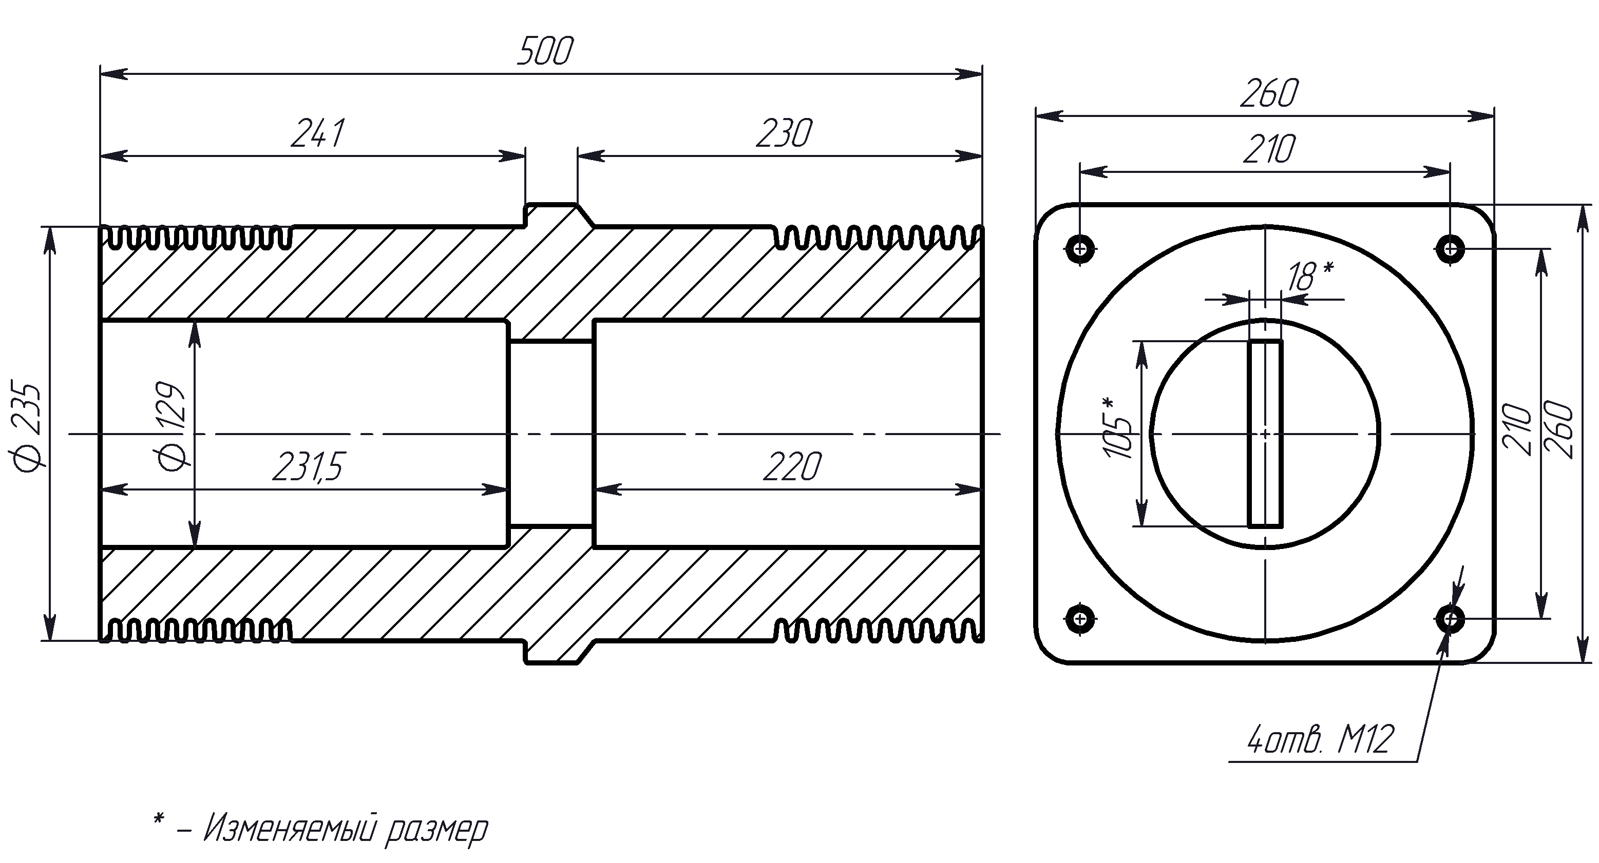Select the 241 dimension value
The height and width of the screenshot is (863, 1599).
[317, 134]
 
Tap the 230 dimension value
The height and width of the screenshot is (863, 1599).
[784, 134]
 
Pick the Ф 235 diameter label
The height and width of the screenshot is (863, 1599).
[27, 428]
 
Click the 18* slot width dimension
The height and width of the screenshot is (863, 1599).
[1308, 276]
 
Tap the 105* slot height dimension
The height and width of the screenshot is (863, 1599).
[1118, 428]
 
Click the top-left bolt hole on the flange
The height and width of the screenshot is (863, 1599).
[1081, 249]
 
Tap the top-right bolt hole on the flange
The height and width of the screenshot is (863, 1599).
[1450, 249]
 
